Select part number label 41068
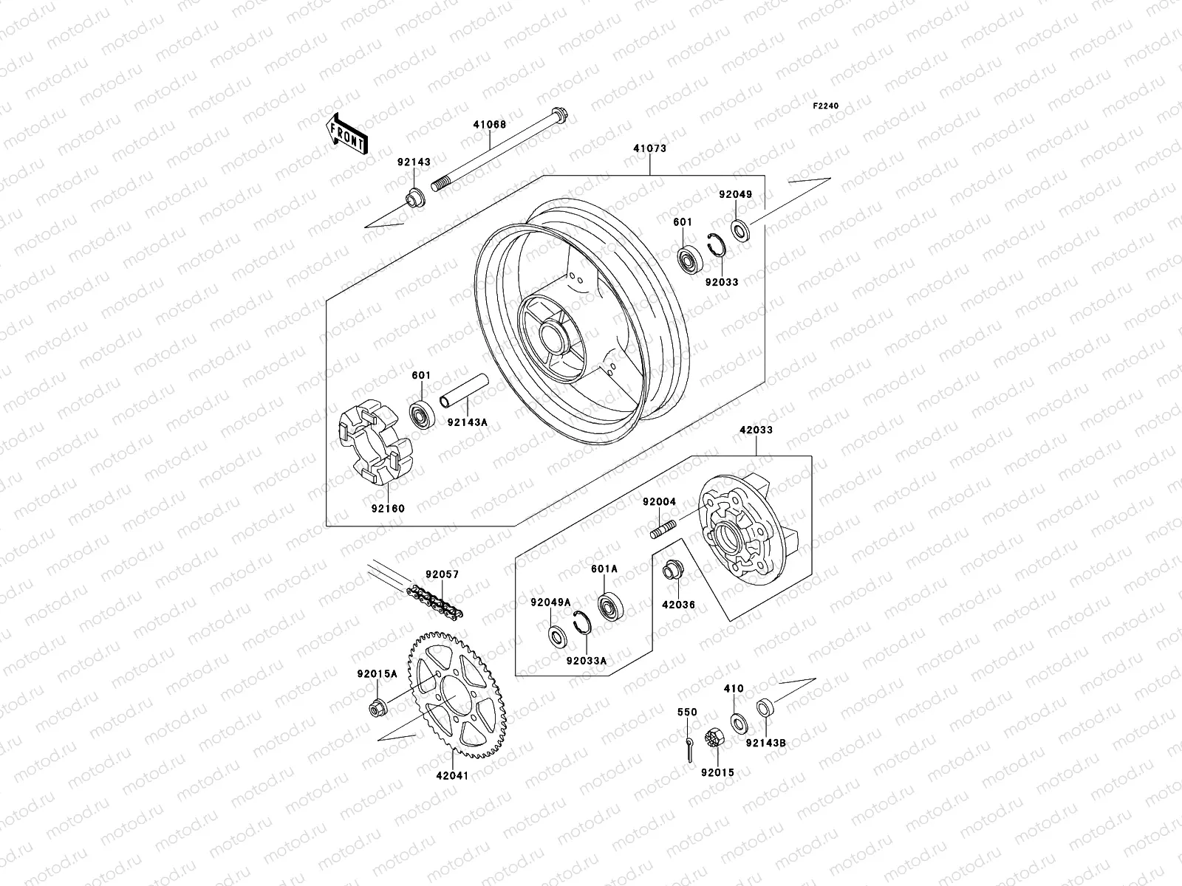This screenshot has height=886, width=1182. pyautogui.click(x=510, y=125)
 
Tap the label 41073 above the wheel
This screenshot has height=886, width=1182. pyautogui.click(x=649, y=148)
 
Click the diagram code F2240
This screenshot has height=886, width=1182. pyautogui.click(x=826, y=106)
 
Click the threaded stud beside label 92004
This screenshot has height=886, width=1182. pyautogui.click(x=664, y=529)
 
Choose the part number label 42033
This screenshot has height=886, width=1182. pyautogui.click(x=754, y=430)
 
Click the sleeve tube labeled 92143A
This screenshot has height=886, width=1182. pyautogui.click(x=465, y=391)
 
